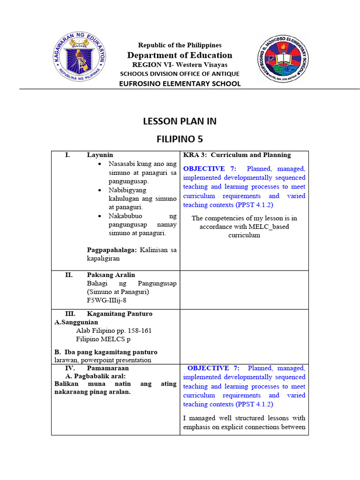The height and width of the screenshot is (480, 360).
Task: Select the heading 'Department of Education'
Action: coord(180,55)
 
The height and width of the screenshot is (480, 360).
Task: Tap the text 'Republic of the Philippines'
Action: coord(180,45)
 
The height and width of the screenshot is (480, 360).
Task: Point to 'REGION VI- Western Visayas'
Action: coord(180,65)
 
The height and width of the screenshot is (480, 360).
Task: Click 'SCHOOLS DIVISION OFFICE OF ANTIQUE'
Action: coord(180,74)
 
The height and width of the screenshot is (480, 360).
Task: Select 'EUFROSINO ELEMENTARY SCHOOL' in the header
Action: coord(180,83)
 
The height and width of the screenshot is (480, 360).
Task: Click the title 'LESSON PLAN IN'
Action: coord(180,121)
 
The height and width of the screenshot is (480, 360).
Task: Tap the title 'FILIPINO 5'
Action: coord(180,139)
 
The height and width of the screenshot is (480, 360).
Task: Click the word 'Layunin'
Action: coord(100,155)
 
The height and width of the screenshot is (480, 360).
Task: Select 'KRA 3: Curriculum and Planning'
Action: coord(237,155)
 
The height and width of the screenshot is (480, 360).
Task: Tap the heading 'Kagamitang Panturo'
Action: coord(120,314)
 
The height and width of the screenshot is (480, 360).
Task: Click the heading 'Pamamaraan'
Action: coord(106,368)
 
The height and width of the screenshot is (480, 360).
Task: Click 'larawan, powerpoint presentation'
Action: coord(103,360)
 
